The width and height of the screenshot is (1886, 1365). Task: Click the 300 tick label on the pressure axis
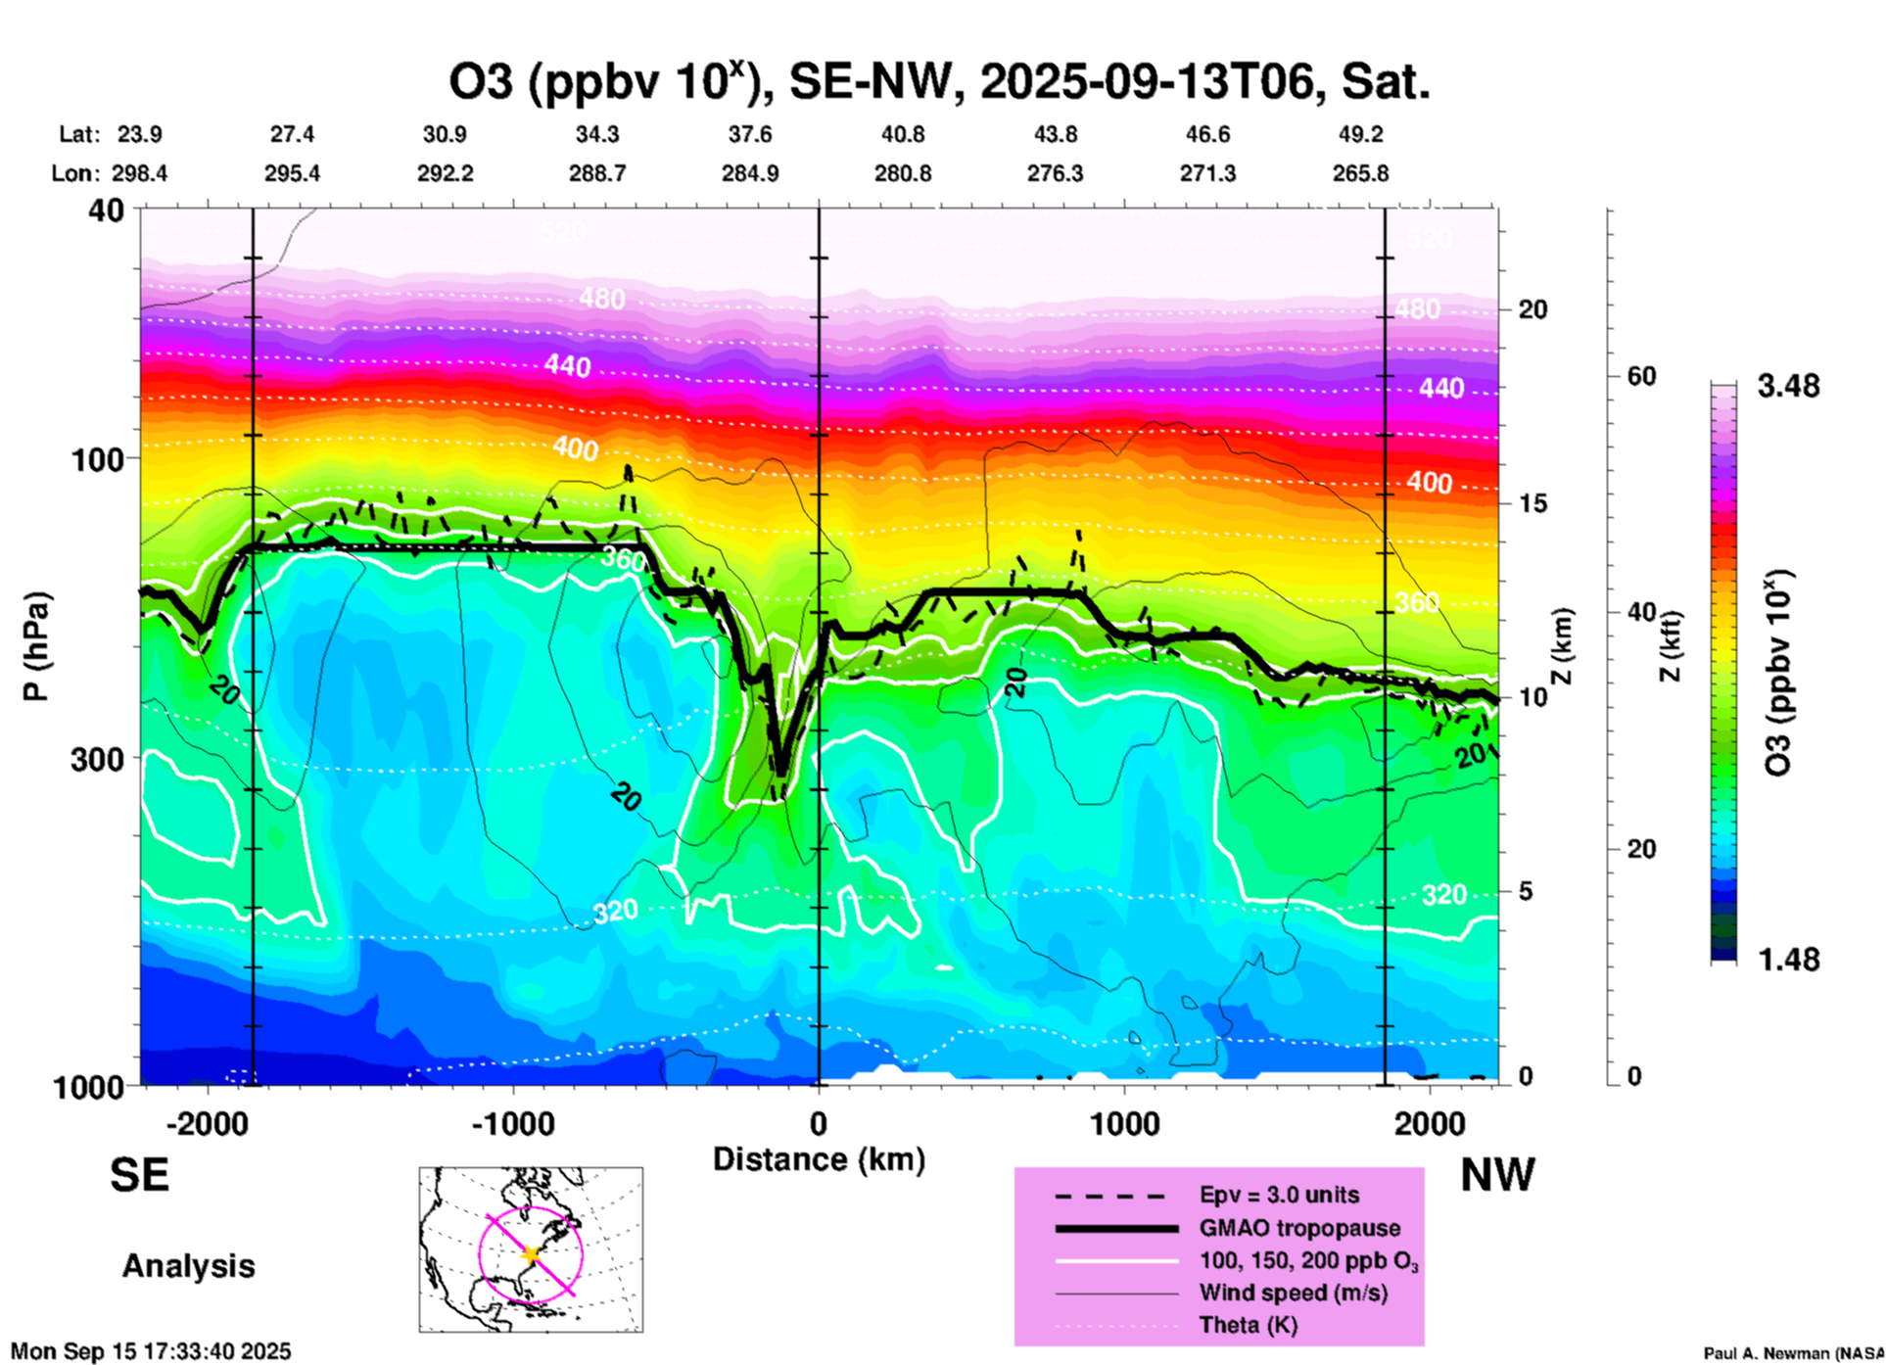click(97, 759)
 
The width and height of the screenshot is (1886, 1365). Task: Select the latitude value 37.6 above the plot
click(750, 134)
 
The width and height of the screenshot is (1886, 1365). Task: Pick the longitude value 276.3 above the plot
click(1055, 173)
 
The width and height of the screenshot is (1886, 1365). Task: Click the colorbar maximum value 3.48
click(1788, 386)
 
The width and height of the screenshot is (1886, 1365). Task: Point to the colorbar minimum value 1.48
click(1788, 959)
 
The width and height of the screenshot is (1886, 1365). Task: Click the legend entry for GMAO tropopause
click(1299, 1228)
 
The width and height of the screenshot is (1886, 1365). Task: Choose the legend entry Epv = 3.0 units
click(1279, 1195)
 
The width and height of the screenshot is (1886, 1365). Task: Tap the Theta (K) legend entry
click(1248, 1325)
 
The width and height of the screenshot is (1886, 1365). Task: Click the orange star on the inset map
click(531, 1253)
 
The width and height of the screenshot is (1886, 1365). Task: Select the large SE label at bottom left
click(139, 1175)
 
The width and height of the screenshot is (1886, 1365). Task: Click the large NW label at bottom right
click(1497, 1175)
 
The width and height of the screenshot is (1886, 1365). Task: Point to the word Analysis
click(188, 1266)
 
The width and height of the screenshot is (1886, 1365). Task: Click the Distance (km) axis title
click(819, 1159)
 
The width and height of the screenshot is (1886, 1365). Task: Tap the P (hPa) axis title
click(36, 646)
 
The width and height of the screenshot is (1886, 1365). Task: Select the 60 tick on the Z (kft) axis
click(1641, 376)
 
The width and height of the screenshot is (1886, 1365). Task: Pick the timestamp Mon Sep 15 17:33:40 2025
click(151, 1351)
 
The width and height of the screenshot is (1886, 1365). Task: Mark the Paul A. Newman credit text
click(1792, 1353)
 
